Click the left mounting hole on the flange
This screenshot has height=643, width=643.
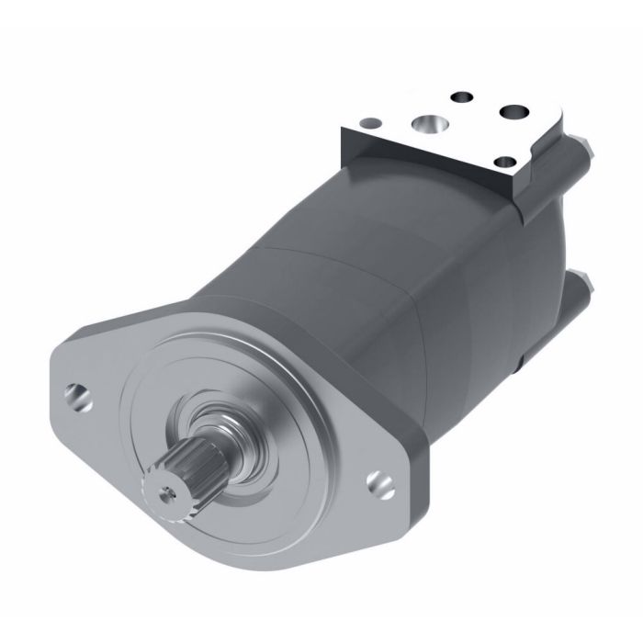coord(80,396)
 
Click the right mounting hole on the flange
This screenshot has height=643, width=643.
coord(379,482)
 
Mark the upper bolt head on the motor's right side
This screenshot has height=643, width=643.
coord(581,147)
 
